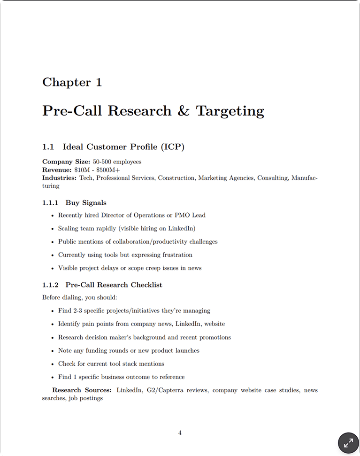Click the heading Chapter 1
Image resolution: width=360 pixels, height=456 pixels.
[x=72, y=82]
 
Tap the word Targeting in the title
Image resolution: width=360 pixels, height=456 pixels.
[x=230, y=112]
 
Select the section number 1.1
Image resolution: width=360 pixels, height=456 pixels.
[x=49, y=147]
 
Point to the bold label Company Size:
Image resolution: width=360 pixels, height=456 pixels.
[x=66, y=162]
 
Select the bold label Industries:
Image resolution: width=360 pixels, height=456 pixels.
[x=59, y=178]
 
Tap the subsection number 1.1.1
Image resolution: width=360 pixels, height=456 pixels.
[x=50, y=203]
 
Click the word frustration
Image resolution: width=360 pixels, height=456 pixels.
[x=176, y=255]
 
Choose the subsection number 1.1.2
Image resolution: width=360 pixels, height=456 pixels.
[x=50, y=285]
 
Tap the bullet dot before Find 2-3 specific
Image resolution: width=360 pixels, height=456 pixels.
[x=52, y=311]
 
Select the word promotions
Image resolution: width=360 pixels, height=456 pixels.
[x=215, y=337]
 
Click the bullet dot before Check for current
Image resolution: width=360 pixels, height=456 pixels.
[x=52, y=364]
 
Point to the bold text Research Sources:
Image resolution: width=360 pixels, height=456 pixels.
[x=82, y=390]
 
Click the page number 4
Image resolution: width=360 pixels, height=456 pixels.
[x=180, y=433]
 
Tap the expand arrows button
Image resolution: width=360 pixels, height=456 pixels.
[x=348, y=442]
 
